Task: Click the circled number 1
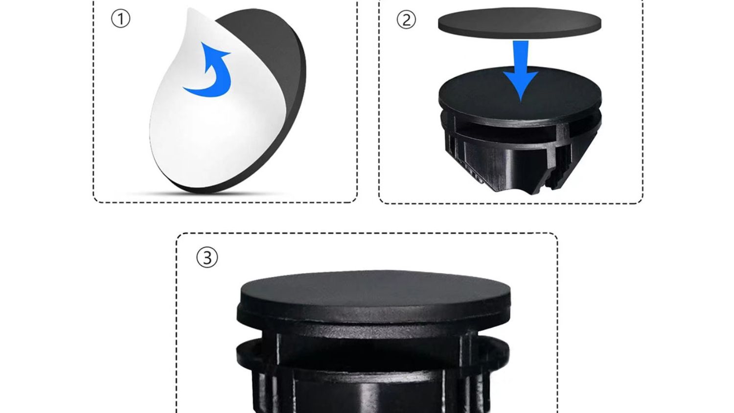click(120, 19)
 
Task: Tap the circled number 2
click(406, 20)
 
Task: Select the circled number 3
click(207, 257)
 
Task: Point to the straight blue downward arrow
click(521, 70)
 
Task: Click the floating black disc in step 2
click(520, 23)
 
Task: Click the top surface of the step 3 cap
click(375, 288)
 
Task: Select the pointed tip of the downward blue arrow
click(521, 102)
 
